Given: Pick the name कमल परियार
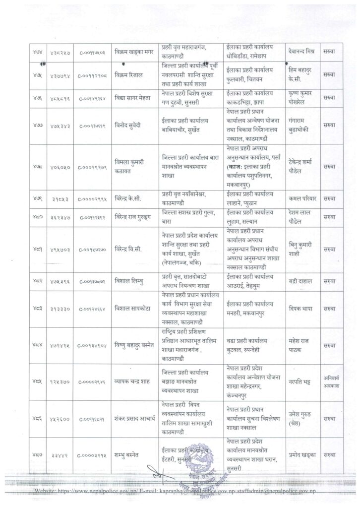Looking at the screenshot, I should (302, 198).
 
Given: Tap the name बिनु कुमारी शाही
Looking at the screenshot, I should (303, 248).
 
